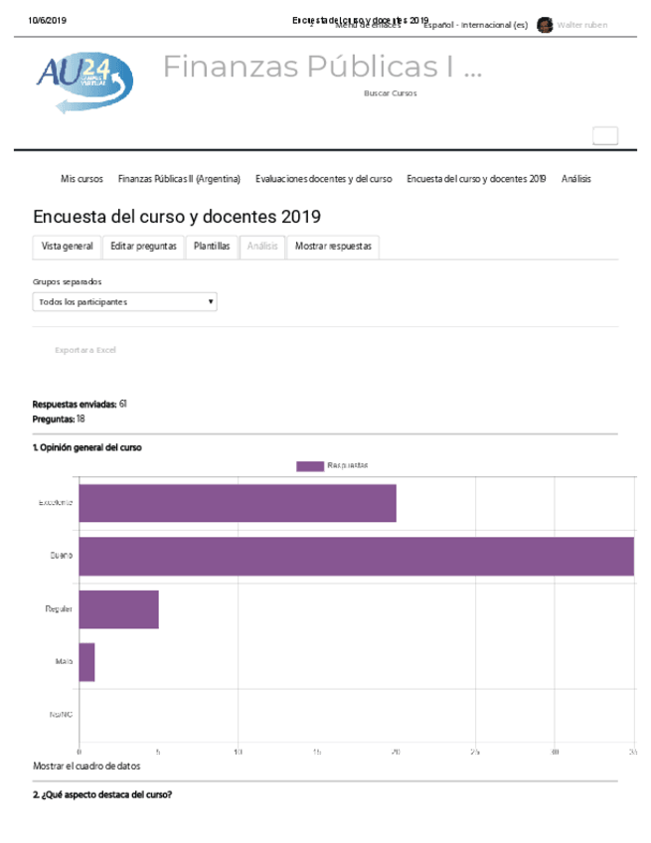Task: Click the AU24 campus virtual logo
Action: click(84, 81)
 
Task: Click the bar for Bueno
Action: click(356, 556)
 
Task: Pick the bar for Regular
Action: click(118, 609)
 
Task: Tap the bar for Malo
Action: click(86, 662)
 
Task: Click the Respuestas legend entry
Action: click(333, 465)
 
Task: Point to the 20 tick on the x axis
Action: click(396, 753)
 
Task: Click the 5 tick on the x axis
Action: click(158, 753)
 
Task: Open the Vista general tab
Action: click(68, 247)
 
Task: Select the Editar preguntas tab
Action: click(143, 247)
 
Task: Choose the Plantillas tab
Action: click(212, 247)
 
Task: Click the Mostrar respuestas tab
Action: click(333, 247)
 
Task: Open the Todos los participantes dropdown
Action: click(125, 301)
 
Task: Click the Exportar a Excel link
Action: click(85, 350)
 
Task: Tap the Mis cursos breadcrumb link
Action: click(81, 179)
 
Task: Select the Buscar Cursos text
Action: click(391, 92)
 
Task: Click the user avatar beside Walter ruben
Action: click(545, 25)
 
